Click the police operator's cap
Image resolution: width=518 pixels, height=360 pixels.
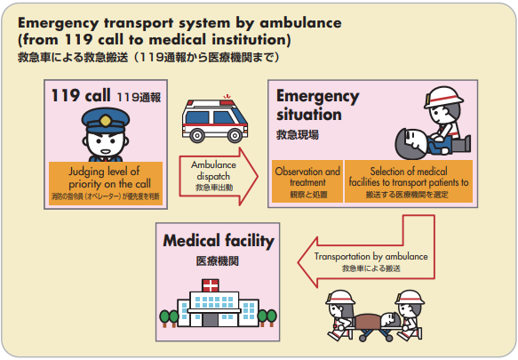(x=105, y=119)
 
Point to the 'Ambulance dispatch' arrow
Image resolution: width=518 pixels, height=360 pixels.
(x=213, y=169)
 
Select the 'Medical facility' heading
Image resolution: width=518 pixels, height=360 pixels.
(x=218, y=241)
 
